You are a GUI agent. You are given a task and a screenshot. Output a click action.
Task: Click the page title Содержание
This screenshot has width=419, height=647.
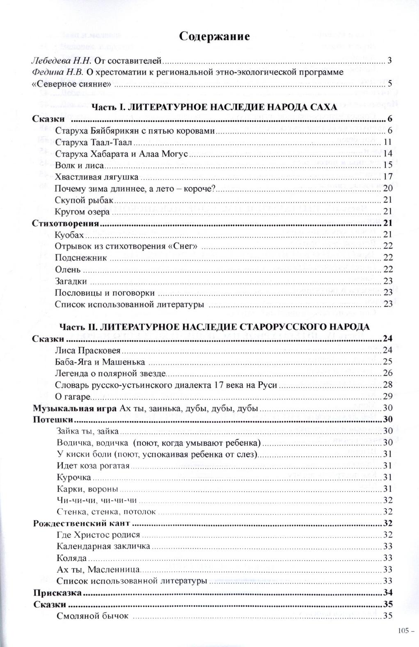point(215,37)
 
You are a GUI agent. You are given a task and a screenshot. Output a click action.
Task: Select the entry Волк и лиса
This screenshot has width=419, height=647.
point(79,165)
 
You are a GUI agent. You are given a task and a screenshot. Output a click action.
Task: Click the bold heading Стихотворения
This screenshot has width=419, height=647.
point(66,224)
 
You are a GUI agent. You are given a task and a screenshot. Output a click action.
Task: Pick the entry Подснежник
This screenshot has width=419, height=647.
point(81,258)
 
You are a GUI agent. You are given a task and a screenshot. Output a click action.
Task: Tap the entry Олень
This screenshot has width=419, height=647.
point(68,269)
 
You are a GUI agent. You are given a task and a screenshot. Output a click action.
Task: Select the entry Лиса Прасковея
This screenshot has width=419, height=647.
point(88,350)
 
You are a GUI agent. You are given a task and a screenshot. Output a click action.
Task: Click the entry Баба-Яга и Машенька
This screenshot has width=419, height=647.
point(100,362)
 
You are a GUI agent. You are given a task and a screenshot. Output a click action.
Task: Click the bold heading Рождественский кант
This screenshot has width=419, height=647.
point(81,523)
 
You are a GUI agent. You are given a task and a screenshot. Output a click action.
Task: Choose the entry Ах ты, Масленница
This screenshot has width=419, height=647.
point(99,569)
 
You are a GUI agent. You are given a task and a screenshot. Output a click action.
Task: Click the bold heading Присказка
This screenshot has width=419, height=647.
point(57,592)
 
